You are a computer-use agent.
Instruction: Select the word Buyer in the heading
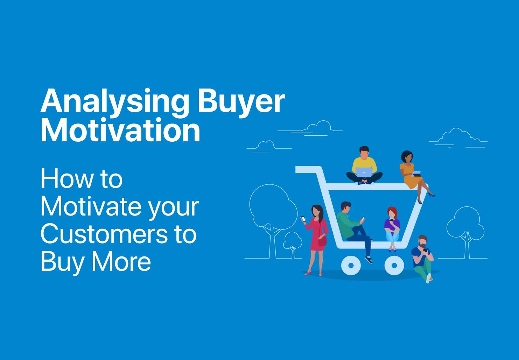click(x=241, y=101)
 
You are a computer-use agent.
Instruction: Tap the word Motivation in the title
click(x=120, y=130)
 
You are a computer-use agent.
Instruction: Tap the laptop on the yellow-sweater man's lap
click(x=364, y=172)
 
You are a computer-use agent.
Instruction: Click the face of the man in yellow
click(x=364, y=153)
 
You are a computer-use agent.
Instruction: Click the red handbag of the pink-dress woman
click(x=322, y=241)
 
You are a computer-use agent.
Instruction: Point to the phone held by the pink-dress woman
click(x=303, y=219)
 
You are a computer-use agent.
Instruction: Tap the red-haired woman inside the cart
click(x=392, y=227)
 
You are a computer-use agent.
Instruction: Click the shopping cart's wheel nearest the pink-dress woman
click(x=351, y=265)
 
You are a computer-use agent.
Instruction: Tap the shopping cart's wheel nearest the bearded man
click(x=394, y=265)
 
